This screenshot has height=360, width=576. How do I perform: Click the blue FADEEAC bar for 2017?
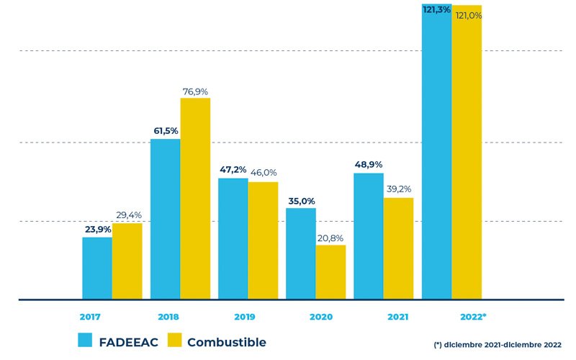click(97, 268)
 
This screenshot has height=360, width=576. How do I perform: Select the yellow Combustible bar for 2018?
click(195, 198)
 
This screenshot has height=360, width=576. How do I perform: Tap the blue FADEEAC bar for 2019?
click(233, 238)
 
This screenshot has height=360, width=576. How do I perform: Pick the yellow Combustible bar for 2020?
click(330, 272)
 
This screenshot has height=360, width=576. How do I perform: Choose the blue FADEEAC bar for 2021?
click(369, 236)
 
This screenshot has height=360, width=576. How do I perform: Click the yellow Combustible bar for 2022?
click(467, 151)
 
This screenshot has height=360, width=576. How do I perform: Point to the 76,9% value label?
click(194, 91)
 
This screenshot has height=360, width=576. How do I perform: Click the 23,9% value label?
click(98, 230)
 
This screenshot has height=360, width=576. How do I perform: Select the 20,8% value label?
click(330, 238)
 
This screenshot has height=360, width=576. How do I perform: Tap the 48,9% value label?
click(369, 165)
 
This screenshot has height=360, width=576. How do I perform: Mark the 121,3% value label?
click(437, 9)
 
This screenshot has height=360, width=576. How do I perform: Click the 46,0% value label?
click(264, 173)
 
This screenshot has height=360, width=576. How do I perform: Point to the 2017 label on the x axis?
click(90, 317)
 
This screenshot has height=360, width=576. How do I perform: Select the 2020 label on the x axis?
click(321, 317)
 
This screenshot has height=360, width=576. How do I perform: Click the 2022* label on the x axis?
click(473, 317)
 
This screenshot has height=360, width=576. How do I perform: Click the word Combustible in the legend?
click(226, 342)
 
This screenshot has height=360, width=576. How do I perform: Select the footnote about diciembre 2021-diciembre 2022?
click(497, 345)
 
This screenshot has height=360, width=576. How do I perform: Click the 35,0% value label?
click(301, 202)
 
